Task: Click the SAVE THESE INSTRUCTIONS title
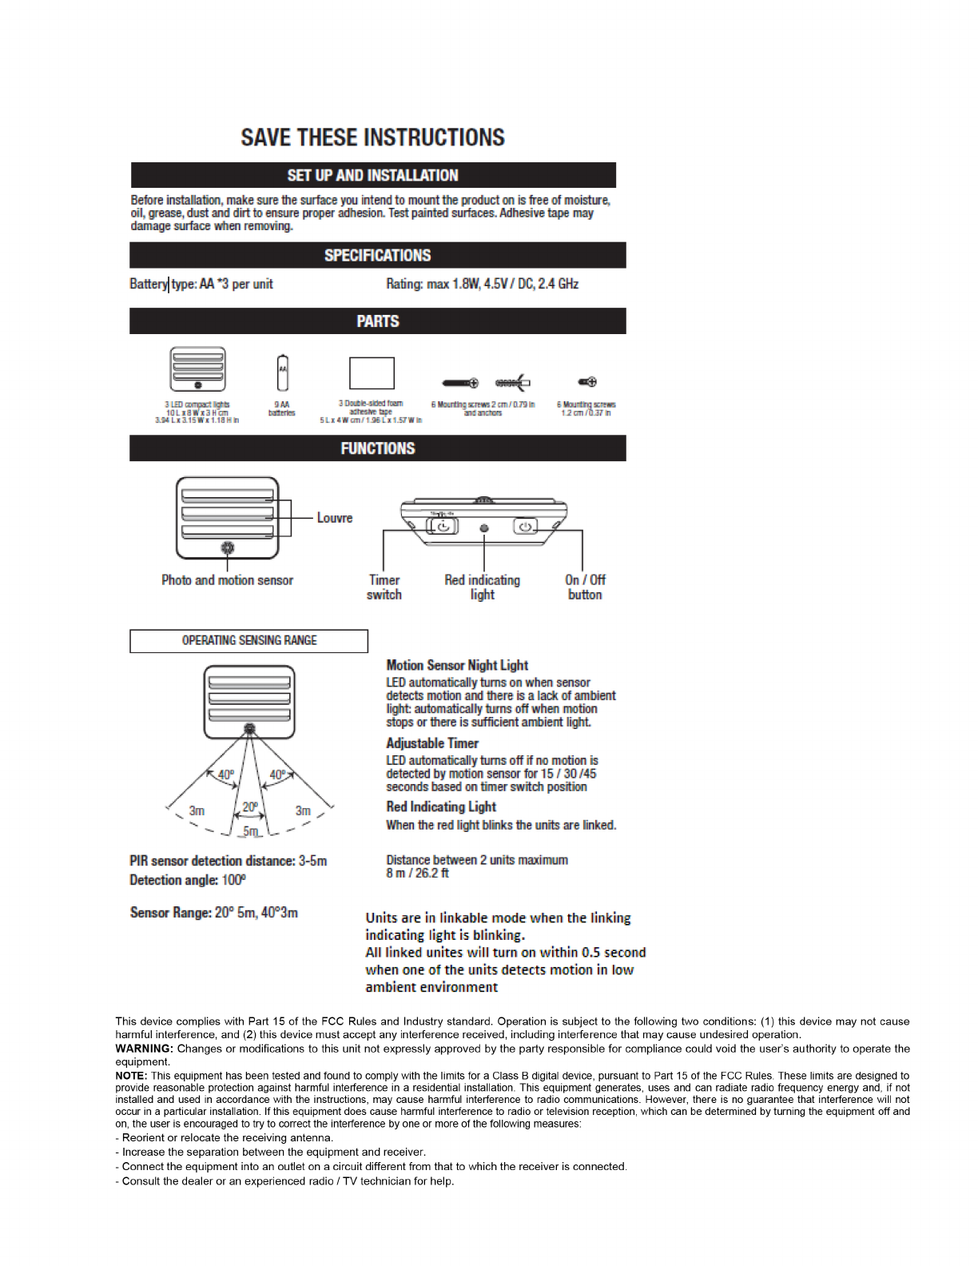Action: (x=372, y=137)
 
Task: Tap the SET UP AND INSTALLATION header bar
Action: (x=373, y=175)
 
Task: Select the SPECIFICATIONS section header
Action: (x=377, y=255)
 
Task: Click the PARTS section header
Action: (x=377, y=321)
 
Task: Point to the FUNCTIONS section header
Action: (x=377, y=448)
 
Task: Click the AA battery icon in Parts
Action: (x=282, y=373)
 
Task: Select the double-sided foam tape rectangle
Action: (x=372, y=373)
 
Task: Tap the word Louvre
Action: (x=334, y=518)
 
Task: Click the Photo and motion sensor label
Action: (x=227, y=580)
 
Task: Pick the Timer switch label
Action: (x=384, y=587)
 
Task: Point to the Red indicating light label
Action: (x=482, y=587)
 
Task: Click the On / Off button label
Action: (x=585, y=587)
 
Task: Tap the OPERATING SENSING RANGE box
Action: (x=248, y=641)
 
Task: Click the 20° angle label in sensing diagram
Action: (x=250, y=807)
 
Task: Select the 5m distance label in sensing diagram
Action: (x=251, y=832)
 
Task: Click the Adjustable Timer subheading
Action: (x=432, y=743)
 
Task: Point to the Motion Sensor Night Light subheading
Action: (x=457, y=666)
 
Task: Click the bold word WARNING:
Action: (x=145, y=1049)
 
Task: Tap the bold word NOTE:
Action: (x=131, y=1076)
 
